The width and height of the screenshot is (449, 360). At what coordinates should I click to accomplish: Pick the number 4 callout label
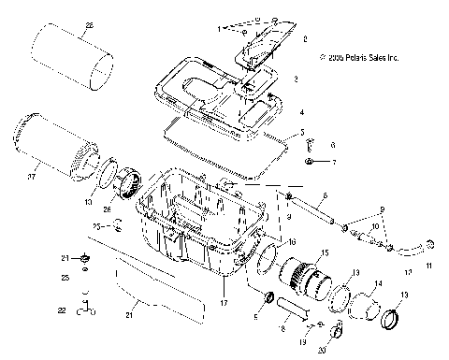[301, 111]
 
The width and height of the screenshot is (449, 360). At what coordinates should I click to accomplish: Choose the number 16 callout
[291, 241]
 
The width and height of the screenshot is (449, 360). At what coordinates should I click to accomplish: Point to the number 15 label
[326, 254]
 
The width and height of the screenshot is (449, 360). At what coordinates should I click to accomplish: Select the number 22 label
[61, 310]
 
